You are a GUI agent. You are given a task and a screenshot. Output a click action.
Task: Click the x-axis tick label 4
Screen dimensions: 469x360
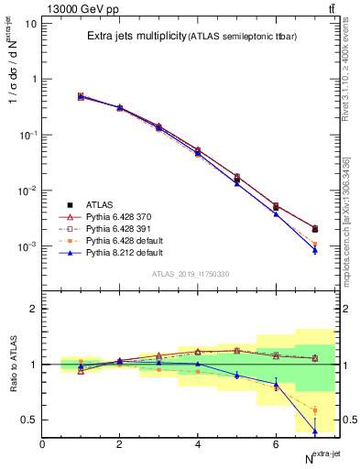click(198, 444)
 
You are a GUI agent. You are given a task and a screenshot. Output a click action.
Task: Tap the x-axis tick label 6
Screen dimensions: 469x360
click(276, 444)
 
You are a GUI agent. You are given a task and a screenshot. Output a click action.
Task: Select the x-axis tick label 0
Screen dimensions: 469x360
click(42, 444)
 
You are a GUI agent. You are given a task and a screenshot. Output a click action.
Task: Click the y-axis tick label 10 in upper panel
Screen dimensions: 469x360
click(30, 23)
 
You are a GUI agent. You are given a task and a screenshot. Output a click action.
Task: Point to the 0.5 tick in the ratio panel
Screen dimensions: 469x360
click(29, 420)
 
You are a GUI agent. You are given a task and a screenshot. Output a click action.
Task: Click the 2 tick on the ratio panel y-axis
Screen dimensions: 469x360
click(33, 309)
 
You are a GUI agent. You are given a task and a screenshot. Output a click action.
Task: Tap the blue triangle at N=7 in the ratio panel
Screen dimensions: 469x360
click(314, 431)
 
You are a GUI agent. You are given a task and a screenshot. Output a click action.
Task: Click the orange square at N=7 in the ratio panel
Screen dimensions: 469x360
click(314, 410)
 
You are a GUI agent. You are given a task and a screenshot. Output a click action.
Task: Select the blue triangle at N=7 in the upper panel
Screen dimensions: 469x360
click(314, 249)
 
